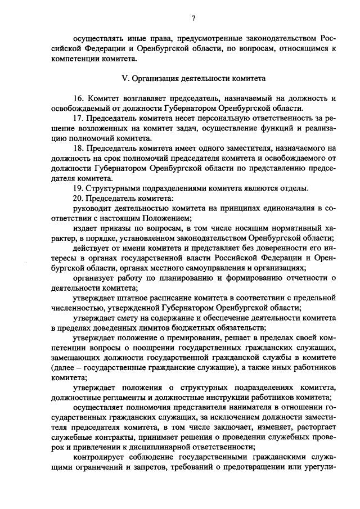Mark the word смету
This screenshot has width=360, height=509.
click(127, 318)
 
